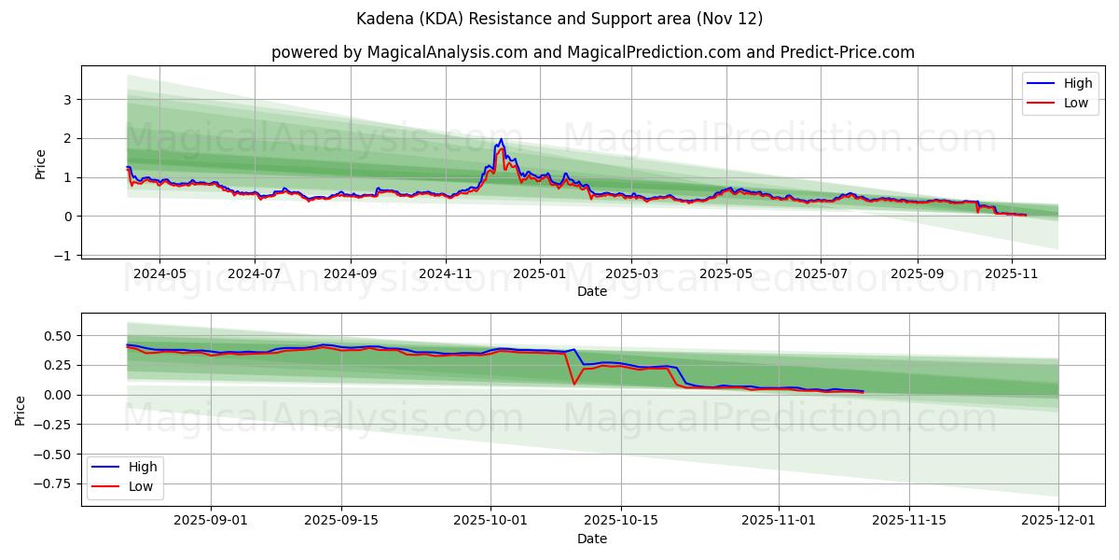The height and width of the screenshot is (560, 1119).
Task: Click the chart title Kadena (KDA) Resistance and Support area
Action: (x=559, y=19)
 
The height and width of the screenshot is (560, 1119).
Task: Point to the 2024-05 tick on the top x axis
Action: (x=159, y=274)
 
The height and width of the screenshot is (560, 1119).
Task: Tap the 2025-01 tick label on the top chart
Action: (x=540, y=274)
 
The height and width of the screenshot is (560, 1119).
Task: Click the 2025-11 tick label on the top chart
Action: (x=1012, y=274)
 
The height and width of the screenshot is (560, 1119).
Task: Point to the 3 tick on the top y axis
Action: (x=67, y=99)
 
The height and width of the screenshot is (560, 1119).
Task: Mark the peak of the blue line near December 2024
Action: (x=501, y=140)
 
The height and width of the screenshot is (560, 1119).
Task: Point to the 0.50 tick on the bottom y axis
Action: (x=56, y=335)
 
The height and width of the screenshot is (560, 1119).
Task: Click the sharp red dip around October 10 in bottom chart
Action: (x=573, y=384)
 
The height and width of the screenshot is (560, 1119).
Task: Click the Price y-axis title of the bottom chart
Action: (x=21, y=410)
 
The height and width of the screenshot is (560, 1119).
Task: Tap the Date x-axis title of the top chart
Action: (x=591, y=291)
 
